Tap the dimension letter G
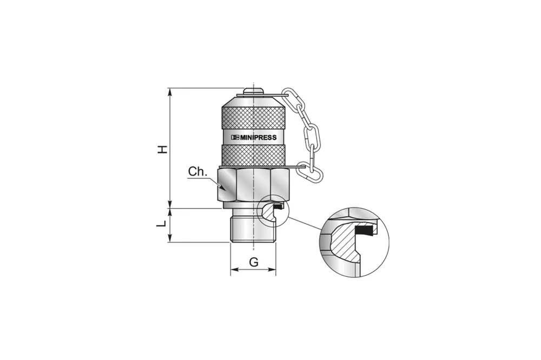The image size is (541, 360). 253,263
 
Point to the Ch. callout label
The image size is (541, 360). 196,172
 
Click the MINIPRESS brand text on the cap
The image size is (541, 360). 258,137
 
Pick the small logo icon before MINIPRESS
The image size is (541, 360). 234,137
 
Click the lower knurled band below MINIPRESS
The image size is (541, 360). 253,155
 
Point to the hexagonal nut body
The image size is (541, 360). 253,186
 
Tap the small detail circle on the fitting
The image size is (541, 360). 274,210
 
